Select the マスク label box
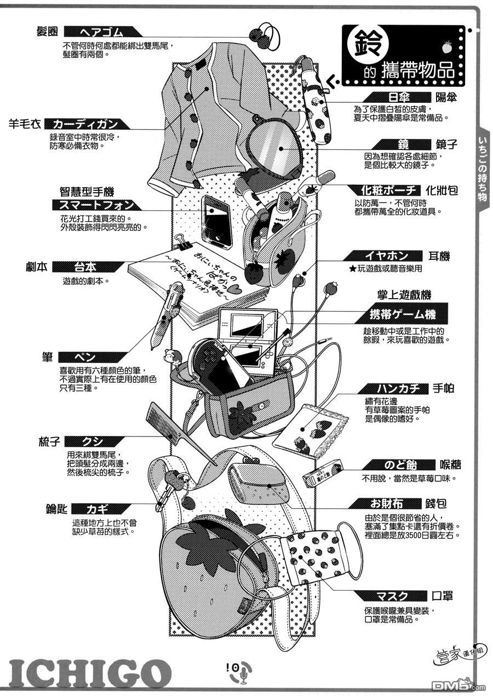(392, 596)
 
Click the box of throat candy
(323, 471)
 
